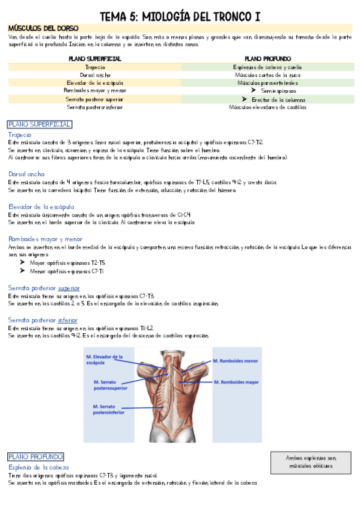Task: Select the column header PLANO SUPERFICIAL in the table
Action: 95,59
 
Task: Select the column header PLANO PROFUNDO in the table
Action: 267,59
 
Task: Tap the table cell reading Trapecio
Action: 95,67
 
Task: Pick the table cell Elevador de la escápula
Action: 95,83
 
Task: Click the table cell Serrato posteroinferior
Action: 95,107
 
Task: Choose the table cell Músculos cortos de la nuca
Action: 267,75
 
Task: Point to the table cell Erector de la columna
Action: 274,99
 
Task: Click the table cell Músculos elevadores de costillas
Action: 267,107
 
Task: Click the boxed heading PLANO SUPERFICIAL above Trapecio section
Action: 40,124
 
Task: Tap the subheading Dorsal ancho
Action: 26,174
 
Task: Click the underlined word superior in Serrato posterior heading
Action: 69,288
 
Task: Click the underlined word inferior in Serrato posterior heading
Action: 67,321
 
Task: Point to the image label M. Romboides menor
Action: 235,361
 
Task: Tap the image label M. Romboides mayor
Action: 236,382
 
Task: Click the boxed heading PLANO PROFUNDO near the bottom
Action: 35,457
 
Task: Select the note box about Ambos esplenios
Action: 311,462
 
